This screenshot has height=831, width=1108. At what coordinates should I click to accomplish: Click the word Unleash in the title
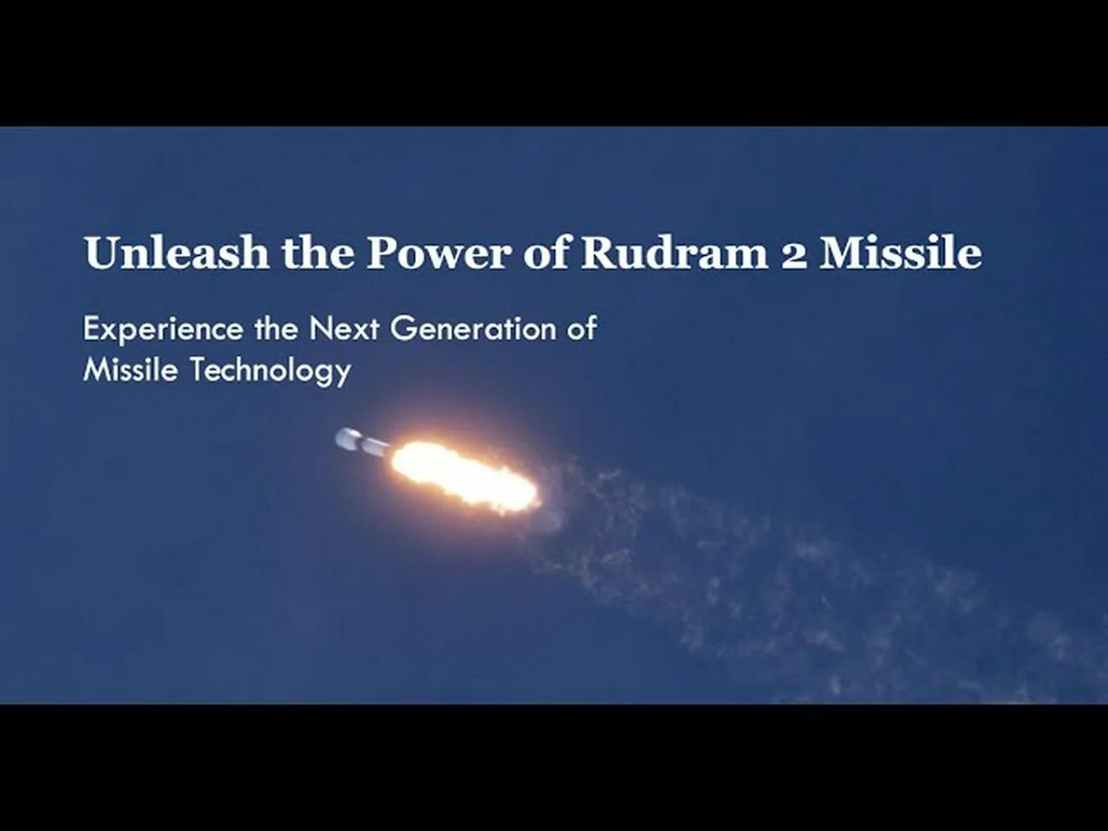click(x=176, y=253)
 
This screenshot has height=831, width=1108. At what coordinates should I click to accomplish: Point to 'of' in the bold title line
click(x=546, y=253)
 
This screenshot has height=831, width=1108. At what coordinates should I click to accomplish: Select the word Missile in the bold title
click(x=900, y=253)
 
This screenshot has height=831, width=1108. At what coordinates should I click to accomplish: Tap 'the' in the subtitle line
click(x=275, y=329)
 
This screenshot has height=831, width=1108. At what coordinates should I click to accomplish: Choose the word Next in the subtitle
click(x=344, y=329)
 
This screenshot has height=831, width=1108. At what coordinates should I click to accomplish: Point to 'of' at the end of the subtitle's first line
click(x=582, y=329)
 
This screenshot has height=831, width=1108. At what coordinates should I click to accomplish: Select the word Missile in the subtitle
click(x=131, y=370)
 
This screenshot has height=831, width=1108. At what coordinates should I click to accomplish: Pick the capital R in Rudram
click(x=596, y=253)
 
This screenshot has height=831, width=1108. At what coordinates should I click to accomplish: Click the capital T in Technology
click(x=197, y=370)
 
